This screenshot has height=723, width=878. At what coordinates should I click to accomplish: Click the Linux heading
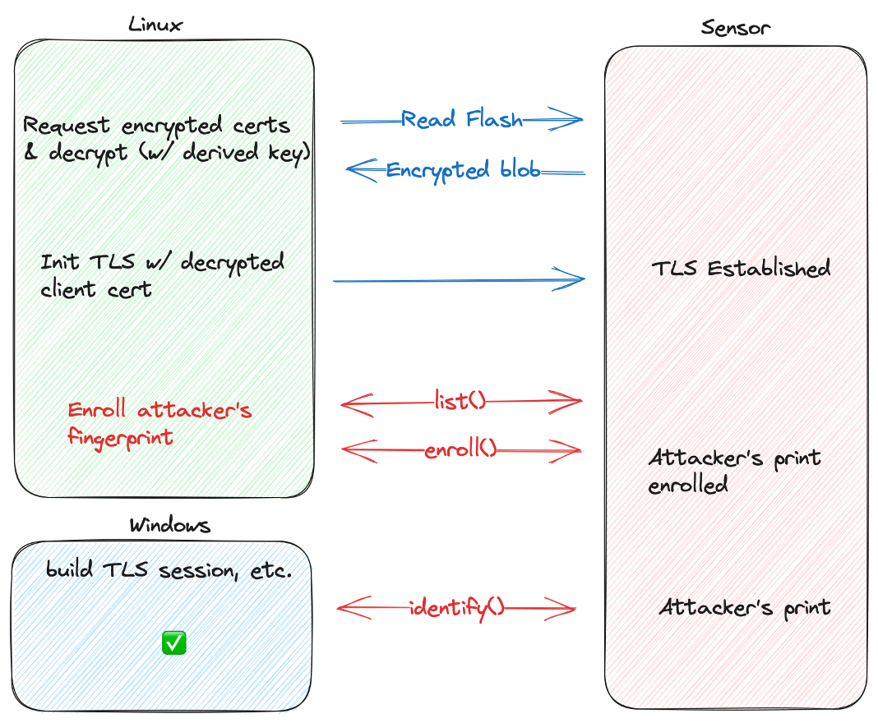pyautogui.click(x=155, y=25)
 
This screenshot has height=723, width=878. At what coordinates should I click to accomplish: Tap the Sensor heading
pyautogui.click(x=736, y=27)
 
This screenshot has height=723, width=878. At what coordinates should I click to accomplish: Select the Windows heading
pyautogui.click(x=169, y=525)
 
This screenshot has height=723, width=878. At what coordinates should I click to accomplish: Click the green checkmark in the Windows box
pyautogui.click(x=173, y=643)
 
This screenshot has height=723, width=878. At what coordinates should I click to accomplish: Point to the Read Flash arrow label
pyautogui.click(x=461, y=120)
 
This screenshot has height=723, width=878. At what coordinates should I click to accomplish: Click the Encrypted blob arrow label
pyautogui.click(x=463, y=171)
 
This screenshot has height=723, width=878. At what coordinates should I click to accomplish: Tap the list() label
pyautogui.click(x=460, y=402)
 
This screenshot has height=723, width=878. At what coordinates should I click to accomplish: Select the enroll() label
pyautogui.click(x=461, y=449)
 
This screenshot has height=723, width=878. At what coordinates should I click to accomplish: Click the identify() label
pyautogui.click(x=456, y=608)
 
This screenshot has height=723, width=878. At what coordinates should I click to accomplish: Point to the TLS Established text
pyautogui.click(x=741, y=269)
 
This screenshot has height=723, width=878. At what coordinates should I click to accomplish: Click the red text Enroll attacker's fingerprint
pyautogui.click(x=159, y=423)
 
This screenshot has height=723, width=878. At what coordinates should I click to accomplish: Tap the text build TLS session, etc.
pyautogui.click(x=169, y=570)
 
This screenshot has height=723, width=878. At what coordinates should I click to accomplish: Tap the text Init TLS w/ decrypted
pyautogui.click(x=162, y=263)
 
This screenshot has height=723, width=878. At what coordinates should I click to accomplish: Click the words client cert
pyautogui.click(x=96, y=289)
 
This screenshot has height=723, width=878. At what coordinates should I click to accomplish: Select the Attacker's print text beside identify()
pyautogui.click(x=745, y=608)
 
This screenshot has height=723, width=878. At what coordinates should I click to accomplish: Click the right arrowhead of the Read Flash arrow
pyautogui.click(x=574, y=120)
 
